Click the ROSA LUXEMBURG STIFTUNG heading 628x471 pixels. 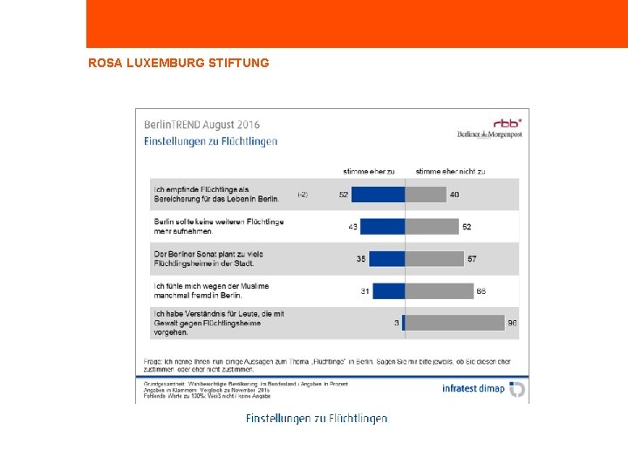179,63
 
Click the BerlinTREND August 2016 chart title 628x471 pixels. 201,125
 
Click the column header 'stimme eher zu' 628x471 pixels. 369,172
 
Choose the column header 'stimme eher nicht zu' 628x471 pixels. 451,172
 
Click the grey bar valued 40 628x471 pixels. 426,195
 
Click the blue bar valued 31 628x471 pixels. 392,290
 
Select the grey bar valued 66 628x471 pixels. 439,290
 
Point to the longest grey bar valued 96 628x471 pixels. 454,323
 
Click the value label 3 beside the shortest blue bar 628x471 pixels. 396,323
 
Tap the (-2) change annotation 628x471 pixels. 302,194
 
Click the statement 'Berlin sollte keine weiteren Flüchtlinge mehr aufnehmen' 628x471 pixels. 218,227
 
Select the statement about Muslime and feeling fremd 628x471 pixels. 211,290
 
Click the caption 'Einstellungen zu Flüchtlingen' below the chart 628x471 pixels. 317,419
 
